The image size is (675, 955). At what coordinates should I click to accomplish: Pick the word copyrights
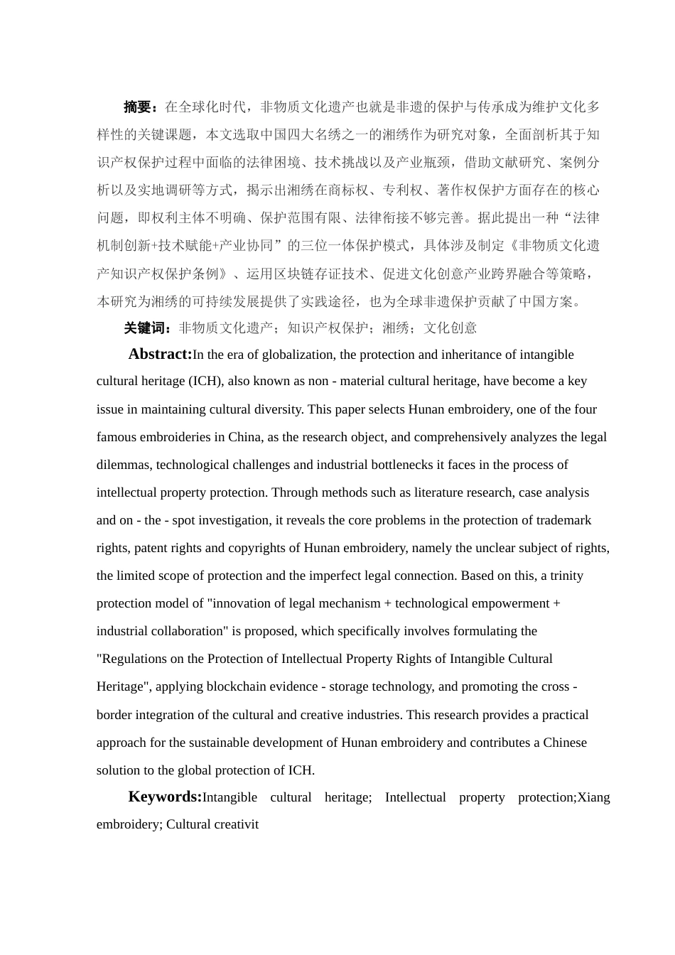tap(272, 548)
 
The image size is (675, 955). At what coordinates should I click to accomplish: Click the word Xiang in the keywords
tap(594, 797)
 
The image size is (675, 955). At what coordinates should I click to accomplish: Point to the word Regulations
tap(134, 659)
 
